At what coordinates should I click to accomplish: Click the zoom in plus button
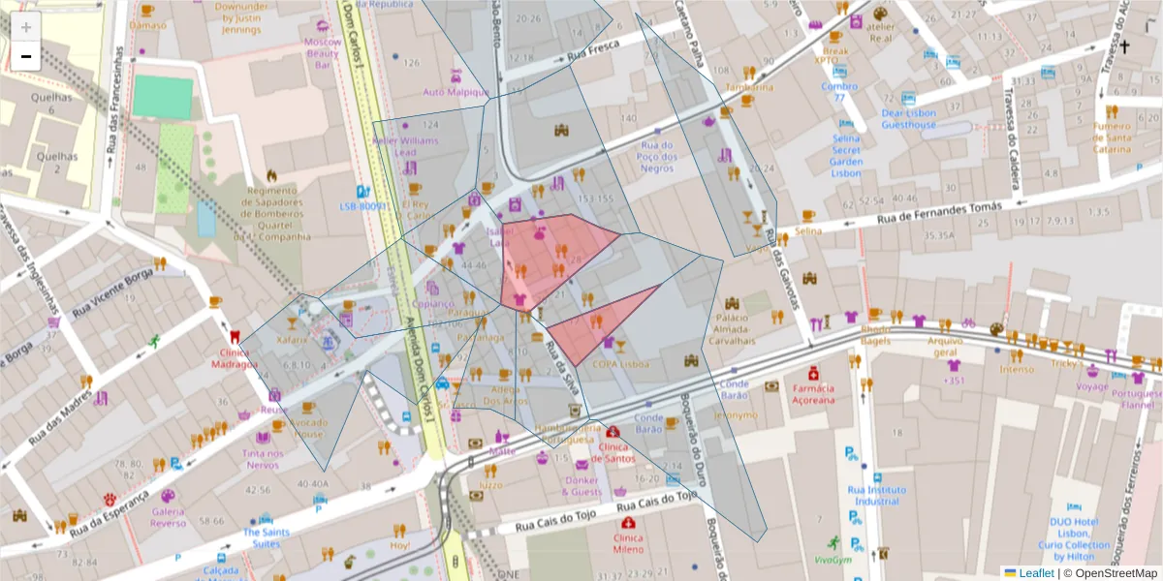tap(26, 27)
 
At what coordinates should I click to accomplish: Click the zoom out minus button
tap(26, 56)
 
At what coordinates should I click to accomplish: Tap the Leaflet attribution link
tap(1037, 573)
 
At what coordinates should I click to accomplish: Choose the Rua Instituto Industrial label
tap(873, 496)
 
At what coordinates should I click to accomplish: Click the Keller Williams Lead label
tap(405, 146)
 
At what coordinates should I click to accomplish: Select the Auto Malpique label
tap(455, 92)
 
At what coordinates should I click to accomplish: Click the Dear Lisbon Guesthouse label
tap(908, 119)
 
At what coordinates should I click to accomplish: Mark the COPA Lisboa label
tap(619, 364)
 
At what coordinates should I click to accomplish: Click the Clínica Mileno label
tap(627, 542)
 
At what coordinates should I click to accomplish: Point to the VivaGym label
tap(832, 559)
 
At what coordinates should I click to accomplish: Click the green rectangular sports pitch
tap(163, 97)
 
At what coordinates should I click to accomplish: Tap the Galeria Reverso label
tap(168, 517)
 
